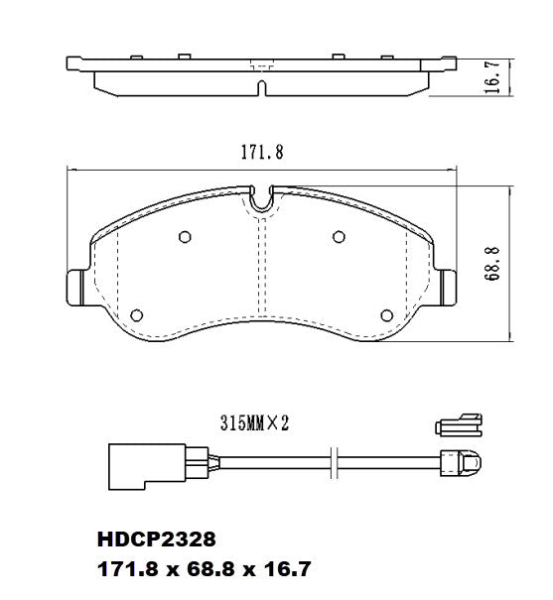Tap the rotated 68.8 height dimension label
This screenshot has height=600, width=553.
coord(491,265)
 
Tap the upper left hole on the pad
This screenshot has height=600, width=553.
coord(185,236)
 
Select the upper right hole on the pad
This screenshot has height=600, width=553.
coord(338,236)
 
